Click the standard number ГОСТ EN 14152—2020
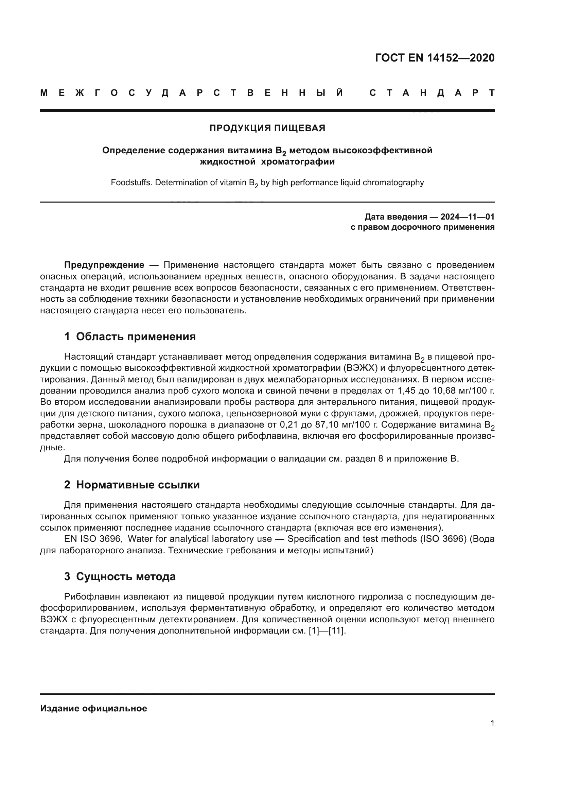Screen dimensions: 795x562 (435, 58)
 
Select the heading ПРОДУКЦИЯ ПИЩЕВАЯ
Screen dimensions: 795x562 (267, 128)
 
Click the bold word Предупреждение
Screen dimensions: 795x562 (104, 265)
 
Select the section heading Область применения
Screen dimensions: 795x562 (136, 336)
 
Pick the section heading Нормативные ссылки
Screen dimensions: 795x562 (138, 485)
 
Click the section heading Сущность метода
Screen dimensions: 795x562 (126, 576)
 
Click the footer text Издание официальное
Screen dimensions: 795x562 (93, 708)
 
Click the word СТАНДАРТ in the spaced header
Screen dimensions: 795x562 (432, 93)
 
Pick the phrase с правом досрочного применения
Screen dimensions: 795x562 (422, 227)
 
